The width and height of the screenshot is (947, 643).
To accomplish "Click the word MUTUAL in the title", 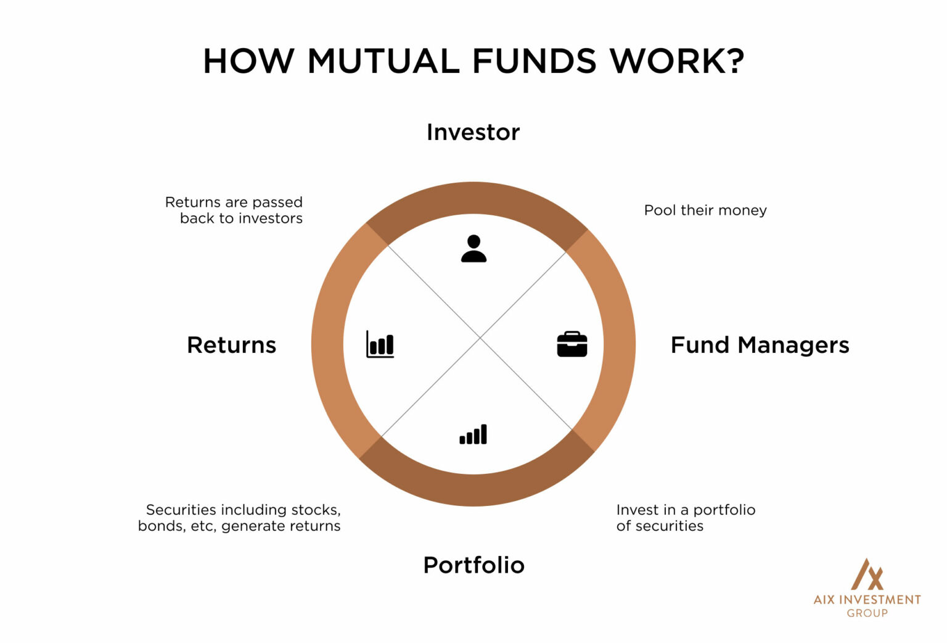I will tap(383, 62).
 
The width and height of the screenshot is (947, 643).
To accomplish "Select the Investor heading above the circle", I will tap(473, 132).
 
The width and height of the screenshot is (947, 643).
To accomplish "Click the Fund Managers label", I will tap(760, 345).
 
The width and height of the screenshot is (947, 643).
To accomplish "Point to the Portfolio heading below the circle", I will tap(473, 565).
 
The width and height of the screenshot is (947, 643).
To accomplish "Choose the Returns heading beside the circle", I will tap(231, 345).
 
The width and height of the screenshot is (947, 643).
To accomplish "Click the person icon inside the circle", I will tap(473, 249).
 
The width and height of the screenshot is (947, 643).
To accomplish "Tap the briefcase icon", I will tap(572, 344).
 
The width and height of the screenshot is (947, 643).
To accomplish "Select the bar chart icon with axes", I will tap(380, 344).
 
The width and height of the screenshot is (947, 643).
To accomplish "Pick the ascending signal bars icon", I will tap(473, 434).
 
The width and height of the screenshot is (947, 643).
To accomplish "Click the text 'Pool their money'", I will tap(705, 210).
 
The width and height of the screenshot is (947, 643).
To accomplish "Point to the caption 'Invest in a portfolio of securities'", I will tap(685, 518).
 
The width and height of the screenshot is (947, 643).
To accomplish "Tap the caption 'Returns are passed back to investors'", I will tap(234, 210).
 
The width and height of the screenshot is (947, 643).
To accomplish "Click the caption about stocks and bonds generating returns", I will tap(239, 518).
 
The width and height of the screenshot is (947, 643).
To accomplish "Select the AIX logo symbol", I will tap(867, 575).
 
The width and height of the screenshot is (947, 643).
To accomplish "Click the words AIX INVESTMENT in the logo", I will tap(867, 600).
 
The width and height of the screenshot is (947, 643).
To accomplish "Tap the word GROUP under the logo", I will tap(867, 613).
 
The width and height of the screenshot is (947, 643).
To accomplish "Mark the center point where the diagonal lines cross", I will tap(480, 338).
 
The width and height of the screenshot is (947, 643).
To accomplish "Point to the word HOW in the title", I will tap(248, 62).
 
